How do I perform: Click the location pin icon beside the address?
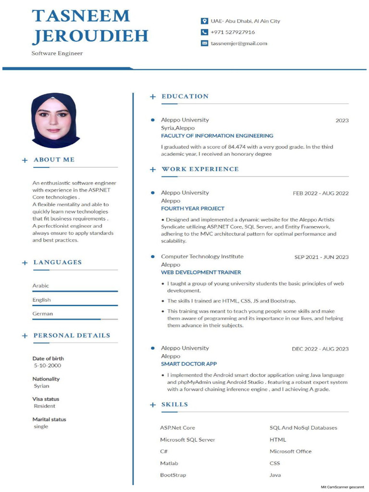click(x=204, y=21)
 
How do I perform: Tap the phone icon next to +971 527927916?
click(x=204, y=32)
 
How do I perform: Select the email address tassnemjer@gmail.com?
click(x=239, y=43)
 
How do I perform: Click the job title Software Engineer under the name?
click(x=57, y=53)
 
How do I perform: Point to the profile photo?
click(x=53, y=120)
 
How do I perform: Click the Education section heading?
click(x=185, y=97)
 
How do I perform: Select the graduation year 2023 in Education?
click(x=342, y=121)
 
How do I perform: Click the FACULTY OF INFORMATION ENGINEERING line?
click(x=217, y=136)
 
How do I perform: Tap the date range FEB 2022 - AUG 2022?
click(x=320, y=194)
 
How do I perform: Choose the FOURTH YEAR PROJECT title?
click(x=193, y=209)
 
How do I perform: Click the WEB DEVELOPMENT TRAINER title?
click(x=201, y=272)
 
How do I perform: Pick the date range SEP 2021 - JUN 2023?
click(x=321, y=257)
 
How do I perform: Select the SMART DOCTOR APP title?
click(x=189, y=364)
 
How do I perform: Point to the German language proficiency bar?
click(x=75, y=319)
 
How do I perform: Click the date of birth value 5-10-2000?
click(x=47, y=366)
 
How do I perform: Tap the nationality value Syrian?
click(x=41, y=386)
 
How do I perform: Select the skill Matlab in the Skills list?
click(x=169, y=463)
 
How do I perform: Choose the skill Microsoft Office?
click(x=290, y=452)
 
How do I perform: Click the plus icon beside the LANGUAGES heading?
click(x=25, y=263)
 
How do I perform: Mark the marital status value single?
click(x=41, y=427)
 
